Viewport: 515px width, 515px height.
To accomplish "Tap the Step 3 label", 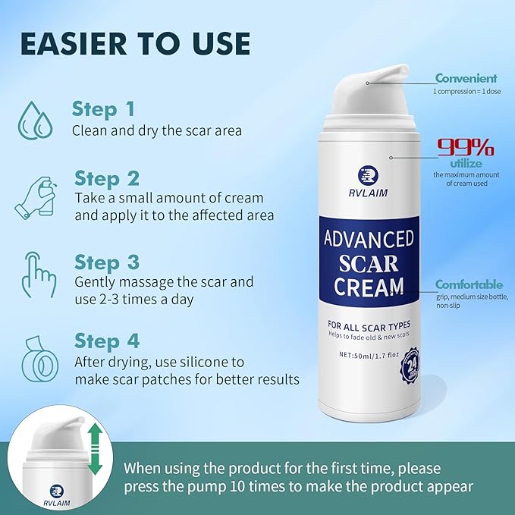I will click(106, 262).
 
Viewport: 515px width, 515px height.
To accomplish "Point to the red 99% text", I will click(465, 147).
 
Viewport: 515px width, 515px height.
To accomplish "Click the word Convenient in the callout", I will click(466, 78).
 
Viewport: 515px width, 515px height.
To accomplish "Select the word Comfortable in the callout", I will click(468, 284).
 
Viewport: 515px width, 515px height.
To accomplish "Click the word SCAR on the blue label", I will click(369, 262).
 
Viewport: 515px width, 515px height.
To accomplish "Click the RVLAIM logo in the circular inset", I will click(56, 492).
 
